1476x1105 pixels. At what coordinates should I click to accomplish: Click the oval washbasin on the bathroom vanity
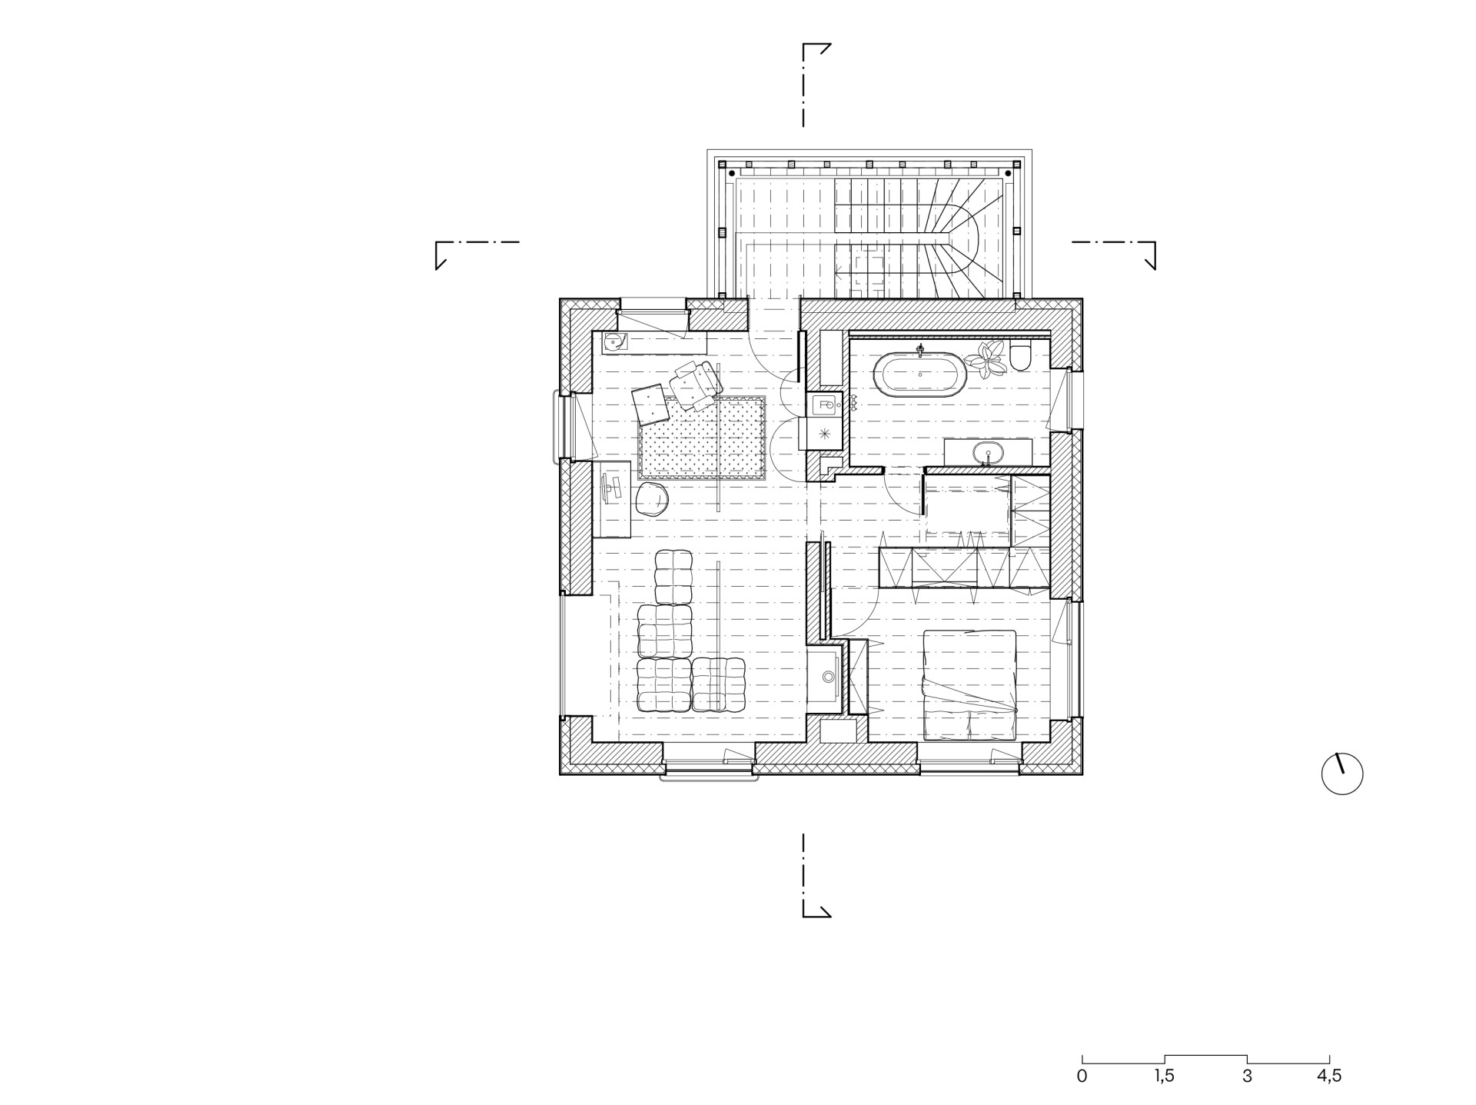point(988,453)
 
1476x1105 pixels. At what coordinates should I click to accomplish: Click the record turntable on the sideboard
point(615,341)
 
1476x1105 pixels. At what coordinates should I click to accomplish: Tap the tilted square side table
point(650,404)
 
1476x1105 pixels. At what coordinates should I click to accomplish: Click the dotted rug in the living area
point(702,438)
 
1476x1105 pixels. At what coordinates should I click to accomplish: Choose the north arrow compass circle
point(1342,774)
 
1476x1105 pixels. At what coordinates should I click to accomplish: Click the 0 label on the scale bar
point(1082,1076)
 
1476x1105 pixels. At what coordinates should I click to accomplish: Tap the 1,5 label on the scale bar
point(1164,1076)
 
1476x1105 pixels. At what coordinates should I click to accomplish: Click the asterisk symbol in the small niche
point(825,434)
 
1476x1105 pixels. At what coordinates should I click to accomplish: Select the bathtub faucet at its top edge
point(920,351)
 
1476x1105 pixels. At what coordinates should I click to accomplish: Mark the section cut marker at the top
point(816,85)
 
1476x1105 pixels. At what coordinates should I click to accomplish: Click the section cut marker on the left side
point(477,255)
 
